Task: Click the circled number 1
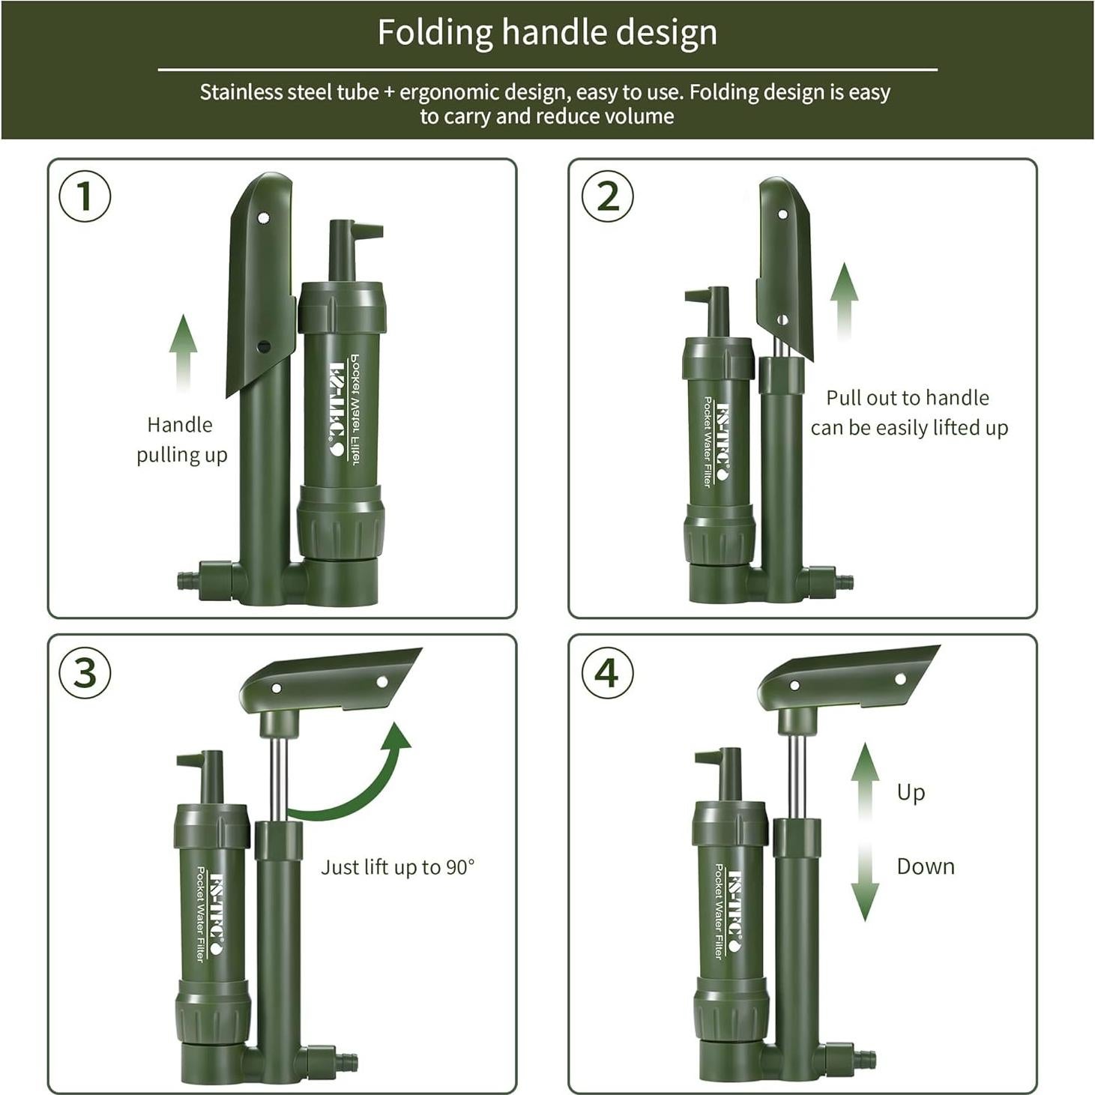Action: (85, 196)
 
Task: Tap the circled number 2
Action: (607, 196)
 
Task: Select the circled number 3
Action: (85, 673)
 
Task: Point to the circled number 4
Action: (607, 673)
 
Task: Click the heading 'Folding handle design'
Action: (547, 32)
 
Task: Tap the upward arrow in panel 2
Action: (845, 301)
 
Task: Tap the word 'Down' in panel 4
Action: (926, 866)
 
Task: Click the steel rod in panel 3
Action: (278, 779)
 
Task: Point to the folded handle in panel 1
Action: (262, 284)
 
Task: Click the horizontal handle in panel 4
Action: (847, 678)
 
